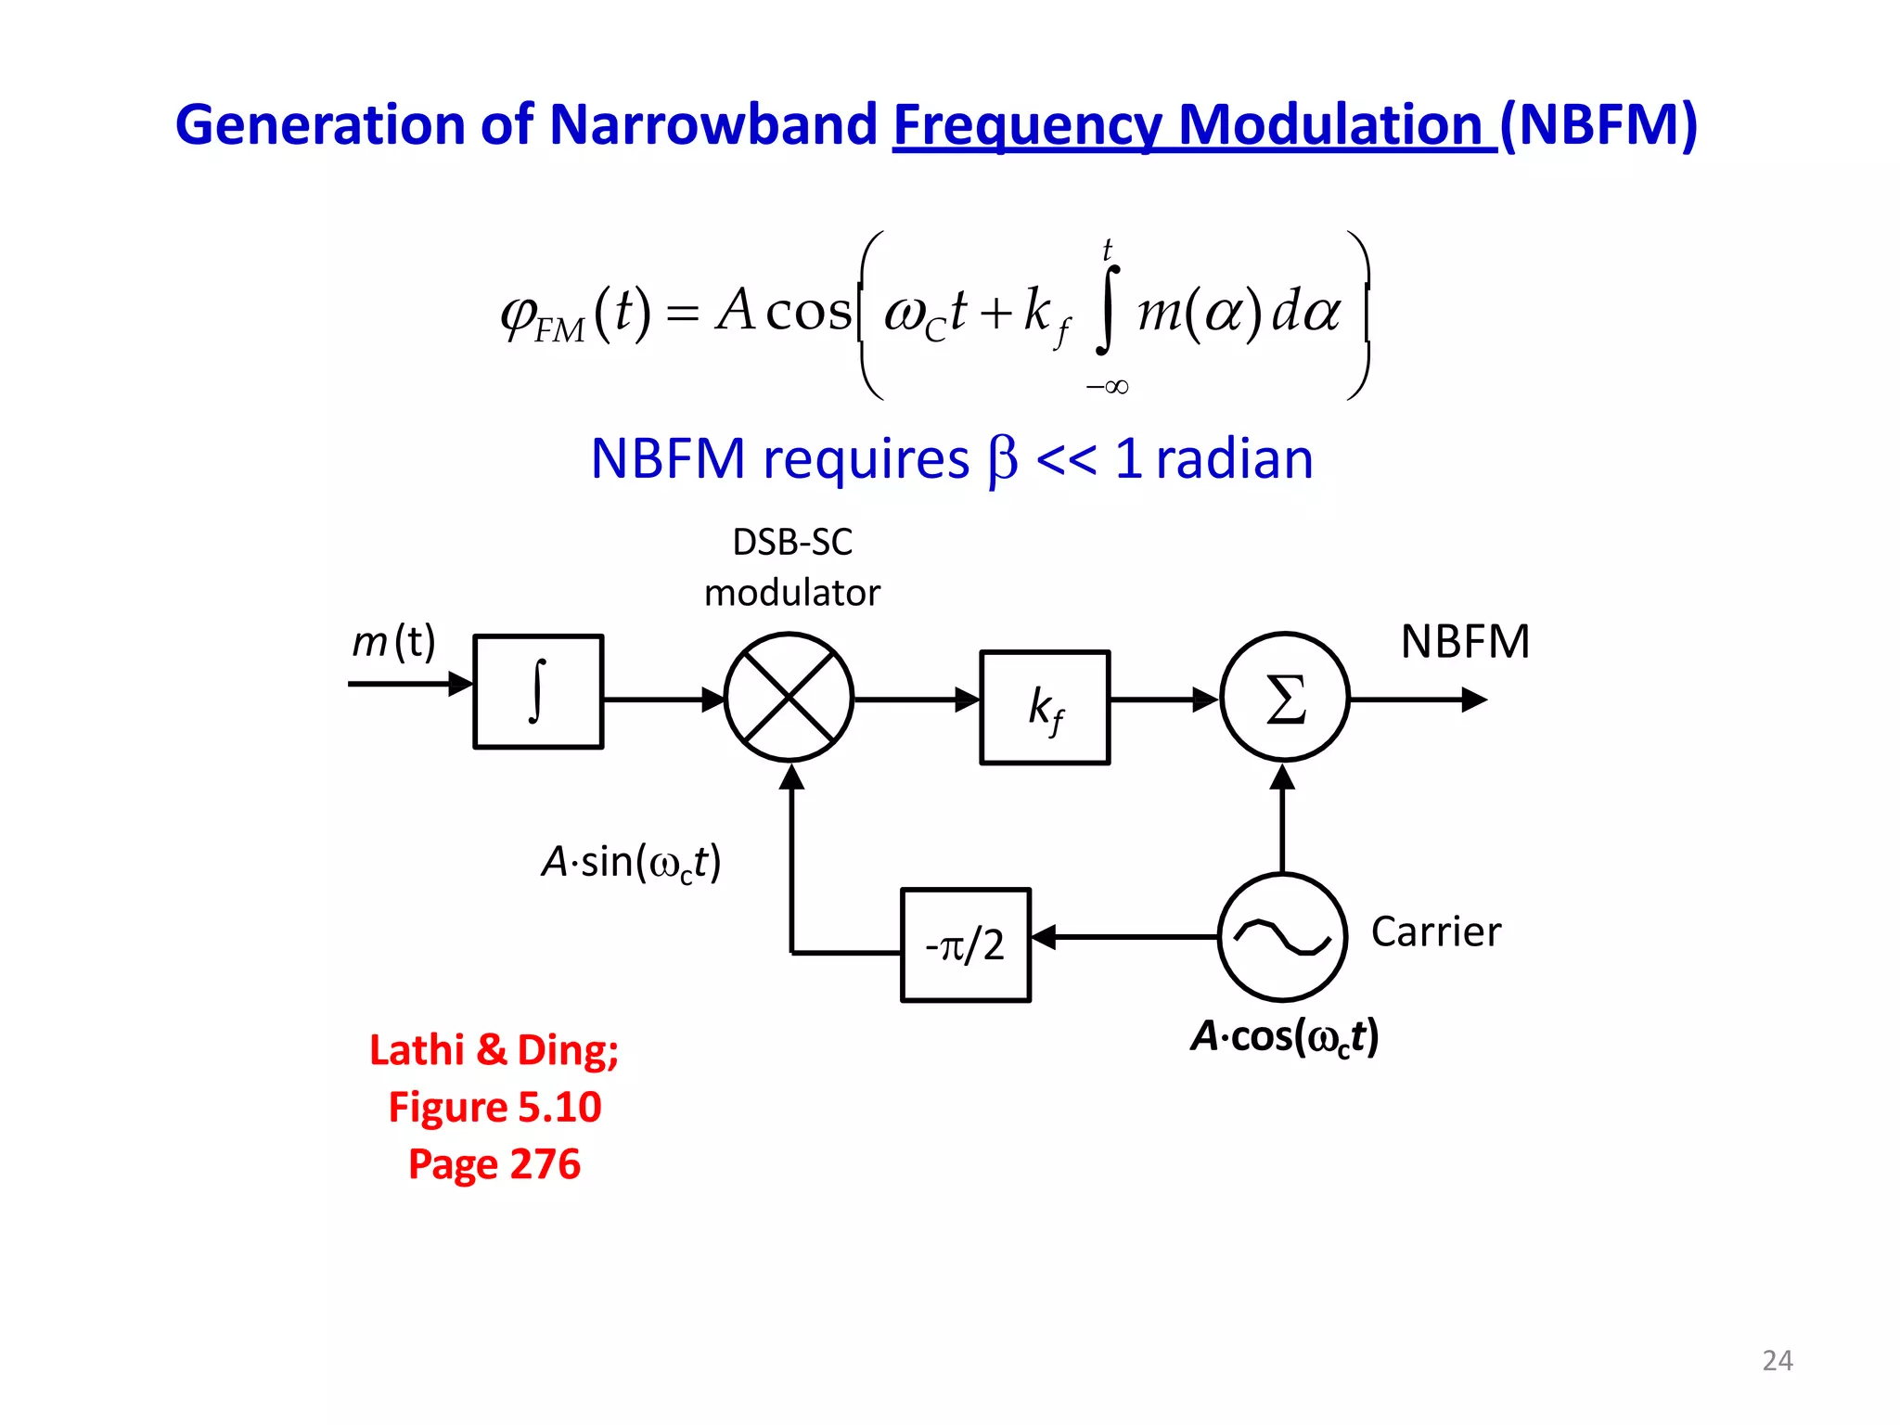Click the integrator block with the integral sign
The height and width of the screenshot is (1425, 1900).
point(538,691)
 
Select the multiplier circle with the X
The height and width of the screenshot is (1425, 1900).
point(789,697)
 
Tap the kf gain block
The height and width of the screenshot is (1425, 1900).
point(1045,707)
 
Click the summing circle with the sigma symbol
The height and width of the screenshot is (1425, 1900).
point(1285,697)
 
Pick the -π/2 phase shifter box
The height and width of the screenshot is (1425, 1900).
point(965,944)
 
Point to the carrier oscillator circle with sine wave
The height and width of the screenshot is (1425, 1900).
point(1282,937)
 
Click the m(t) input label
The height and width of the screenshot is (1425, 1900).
point(393,641)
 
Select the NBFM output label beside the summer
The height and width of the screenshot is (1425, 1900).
point(1464,641)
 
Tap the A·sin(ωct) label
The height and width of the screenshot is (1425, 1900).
point(631,862)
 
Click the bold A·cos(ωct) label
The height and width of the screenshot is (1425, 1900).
point(1285,1036)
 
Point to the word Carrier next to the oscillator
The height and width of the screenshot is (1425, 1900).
point(1435,931)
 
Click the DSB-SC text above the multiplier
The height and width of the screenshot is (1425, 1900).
point(792,542)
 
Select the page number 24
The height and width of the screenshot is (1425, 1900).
point(1777,1360)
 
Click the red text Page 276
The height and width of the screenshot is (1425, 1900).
point(494,1163)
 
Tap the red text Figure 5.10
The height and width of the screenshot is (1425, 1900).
point(494,1107)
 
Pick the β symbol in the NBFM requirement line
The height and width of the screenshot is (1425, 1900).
point(1002,459)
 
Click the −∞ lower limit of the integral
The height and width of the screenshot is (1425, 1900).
point(1107,387)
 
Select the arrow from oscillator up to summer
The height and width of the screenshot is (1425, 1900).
point(1282,816)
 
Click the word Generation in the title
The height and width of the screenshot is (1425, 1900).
point(320,125)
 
